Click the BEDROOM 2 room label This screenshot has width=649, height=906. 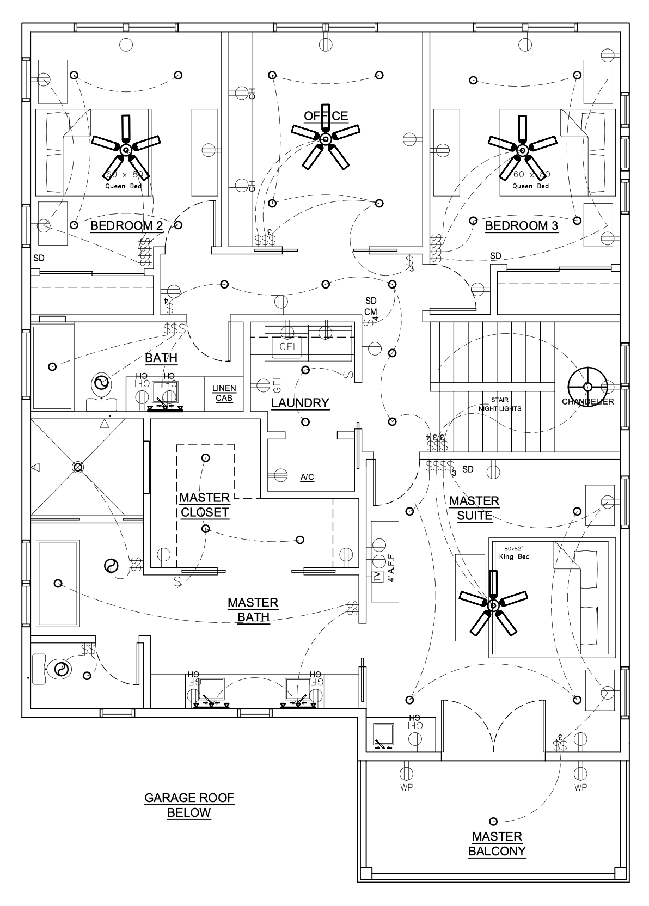[x=126, y=226]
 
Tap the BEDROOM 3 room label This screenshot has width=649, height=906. [x=522, y=226]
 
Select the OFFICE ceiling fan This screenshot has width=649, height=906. [x=326, y=139]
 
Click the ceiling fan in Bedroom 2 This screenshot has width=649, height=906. [x=126, y=149]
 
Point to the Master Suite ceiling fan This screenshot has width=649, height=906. [x=493, y=605]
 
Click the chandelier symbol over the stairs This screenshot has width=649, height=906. [x=587, y=386]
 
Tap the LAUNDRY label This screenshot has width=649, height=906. [x=300, y=403]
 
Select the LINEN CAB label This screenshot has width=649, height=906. [x=224, y=393]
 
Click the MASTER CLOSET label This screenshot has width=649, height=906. [x=205, y=505]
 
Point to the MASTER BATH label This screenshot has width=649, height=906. [x=253, y=610]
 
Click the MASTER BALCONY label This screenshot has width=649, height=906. [x=497, y=843]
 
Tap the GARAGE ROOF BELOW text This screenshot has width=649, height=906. [x=189, y=805]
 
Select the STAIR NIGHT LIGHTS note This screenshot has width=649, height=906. [x=499, y=404]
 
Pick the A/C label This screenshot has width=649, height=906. [x=307, y=478]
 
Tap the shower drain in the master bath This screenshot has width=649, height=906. [x=78, y=467]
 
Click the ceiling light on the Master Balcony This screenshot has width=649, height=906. [x=493, y=821]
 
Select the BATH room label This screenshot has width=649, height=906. [x=161, y=358]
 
